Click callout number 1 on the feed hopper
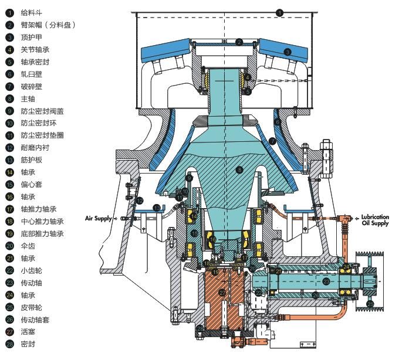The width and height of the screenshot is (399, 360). point(279,12)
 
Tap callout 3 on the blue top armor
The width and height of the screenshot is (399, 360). point(288,52)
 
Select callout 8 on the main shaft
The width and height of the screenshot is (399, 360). point(239,169)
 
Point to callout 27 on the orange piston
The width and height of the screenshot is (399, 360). point(222,292)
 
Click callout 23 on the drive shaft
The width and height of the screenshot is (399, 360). point(326,281)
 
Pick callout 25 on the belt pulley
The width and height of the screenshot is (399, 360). point(369,303)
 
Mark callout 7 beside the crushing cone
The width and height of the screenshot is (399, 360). point(272,141)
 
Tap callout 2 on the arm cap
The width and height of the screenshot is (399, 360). point(239,41)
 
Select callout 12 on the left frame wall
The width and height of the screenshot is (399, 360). point(140,201)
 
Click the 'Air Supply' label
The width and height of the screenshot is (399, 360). point(98,218)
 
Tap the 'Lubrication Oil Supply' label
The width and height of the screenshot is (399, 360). point(375,219)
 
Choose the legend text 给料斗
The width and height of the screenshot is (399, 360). point(31,12)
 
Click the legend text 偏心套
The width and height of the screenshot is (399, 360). point(31,184)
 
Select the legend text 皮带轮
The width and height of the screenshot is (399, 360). point(31,307)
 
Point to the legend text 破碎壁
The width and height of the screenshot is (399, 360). point(31,86)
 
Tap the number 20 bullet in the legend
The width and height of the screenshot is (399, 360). point(10,246)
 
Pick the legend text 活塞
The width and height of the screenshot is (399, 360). point(28,332)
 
